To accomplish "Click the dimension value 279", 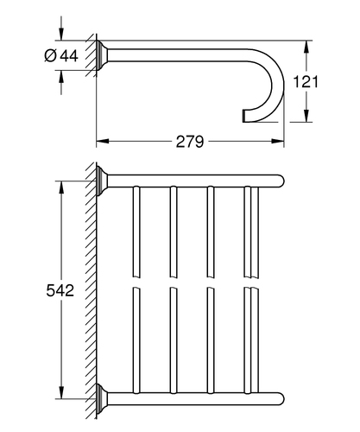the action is [x=190, y=142].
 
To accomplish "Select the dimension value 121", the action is [x=306, y=82].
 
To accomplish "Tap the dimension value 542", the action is [x=60, y=290].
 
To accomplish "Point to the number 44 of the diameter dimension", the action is [x=69, y=55].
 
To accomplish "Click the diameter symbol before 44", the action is [x=50, y=55].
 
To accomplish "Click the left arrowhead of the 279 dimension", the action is [x=103, y=141].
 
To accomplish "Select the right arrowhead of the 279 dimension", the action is [x=278, y=141].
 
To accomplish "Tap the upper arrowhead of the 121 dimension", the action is [x=307, y=47].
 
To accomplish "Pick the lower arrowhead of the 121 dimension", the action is [x=307, y=116].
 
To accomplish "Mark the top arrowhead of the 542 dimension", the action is [x=61, y=187].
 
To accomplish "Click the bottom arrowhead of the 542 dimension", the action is [x=61, y=393].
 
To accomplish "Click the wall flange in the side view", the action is [x=102, y=55].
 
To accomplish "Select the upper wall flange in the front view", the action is [x=102, y=181].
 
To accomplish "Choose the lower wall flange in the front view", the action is [x=102, y=399].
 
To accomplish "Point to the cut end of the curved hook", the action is [x=243, y=116].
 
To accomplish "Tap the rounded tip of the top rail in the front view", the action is [x=281, y=181].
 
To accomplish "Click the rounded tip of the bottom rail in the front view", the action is [x=281, y=399].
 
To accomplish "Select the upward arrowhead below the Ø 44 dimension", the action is [x=61, y=76].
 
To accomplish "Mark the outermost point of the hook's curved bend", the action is [x=284, y=86].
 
